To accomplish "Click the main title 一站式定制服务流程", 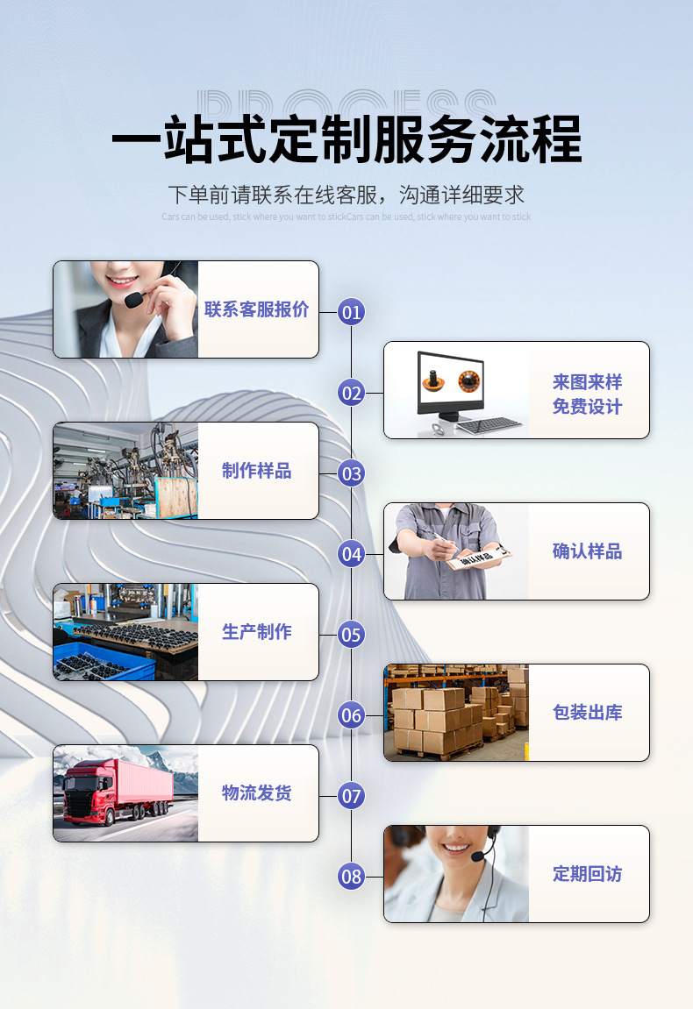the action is (x=346, y=139).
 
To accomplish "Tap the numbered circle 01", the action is (x=352, y=311).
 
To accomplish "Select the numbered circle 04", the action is (x=352, y=554).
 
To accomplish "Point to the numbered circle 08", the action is (x=352, y=876).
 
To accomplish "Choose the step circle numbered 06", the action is (x=352, y=715).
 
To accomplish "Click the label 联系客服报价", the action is (x=257, y=309).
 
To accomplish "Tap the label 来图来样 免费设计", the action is (x=587, y=394).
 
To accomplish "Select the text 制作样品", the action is (x=257, y=471).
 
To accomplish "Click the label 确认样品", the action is (x=587, y=551).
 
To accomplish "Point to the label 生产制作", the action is (x=257, y=632).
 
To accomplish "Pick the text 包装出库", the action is (x=587, y=713).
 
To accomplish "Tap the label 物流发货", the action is (x=257, y=793).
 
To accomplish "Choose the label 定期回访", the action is (x=587, y=874).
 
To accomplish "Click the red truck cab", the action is (x=89, y=789).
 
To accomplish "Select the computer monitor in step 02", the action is (x=450, y=383).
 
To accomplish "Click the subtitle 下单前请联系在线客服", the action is (x=346, y=194).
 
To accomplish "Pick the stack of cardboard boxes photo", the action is (x=456, y=713).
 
